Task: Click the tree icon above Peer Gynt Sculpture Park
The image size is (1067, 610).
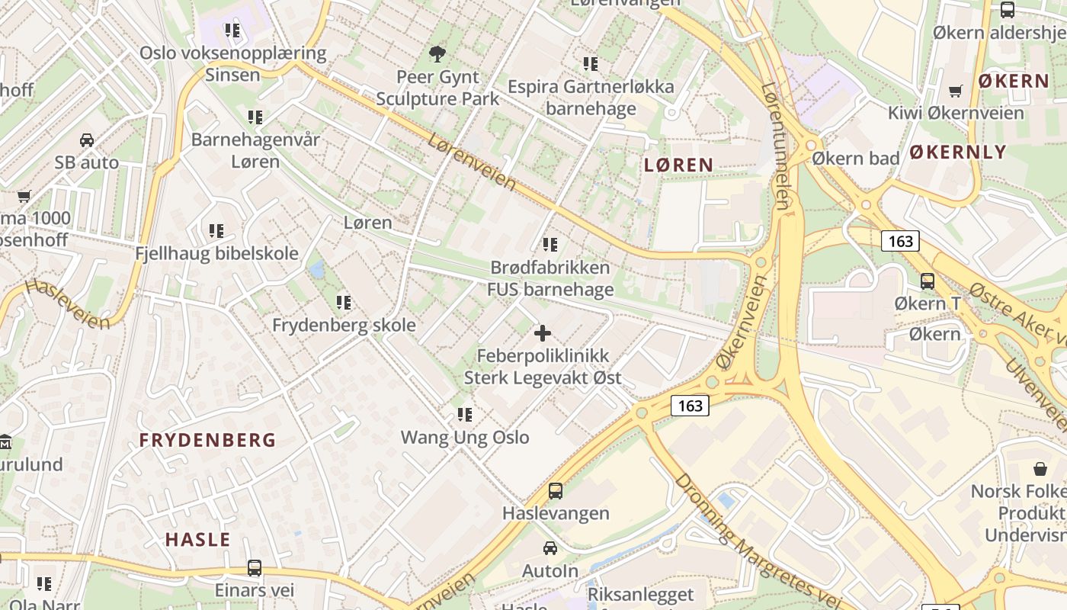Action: (x=437, y=53)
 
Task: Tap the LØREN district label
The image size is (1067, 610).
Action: (x=678, y=165)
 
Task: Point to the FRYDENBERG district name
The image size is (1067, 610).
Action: (x=207, y=440)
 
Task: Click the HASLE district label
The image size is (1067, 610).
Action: (x=197, y=540)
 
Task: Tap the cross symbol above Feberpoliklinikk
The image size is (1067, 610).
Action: (x=543, y=333)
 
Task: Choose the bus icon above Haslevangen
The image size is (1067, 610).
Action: (x=556, y=491)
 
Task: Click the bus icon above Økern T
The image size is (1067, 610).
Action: (x=928, y=281)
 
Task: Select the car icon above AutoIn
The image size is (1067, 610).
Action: (x=550, y=547)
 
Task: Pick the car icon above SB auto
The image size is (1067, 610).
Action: (x=87, y=140)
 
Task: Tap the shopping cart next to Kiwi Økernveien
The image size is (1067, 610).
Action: (x=956, y=91)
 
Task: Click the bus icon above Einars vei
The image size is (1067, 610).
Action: (x=254, y=568)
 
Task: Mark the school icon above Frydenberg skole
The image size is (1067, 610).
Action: (x=344, y=303)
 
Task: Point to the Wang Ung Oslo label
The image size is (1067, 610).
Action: (x=465, y=438)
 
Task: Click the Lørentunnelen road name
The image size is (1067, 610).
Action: (x=775, y=145)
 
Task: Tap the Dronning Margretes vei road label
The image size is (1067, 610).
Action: (x=755, y=543)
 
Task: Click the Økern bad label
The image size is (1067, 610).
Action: (x=855, y=159)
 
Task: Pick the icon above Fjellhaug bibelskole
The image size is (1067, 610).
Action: (x=216, y=230)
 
